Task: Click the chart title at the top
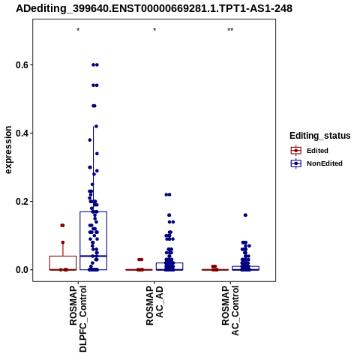pos(154,9)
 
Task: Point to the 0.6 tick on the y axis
pos(21,65)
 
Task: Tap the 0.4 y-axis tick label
pos(21,133)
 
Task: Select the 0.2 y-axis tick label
pos(21,202)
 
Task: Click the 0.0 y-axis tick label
pos(21,270)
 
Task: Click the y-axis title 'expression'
pos(8,150)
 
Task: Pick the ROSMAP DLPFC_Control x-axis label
pos(78,319)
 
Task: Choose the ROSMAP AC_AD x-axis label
pos(154,305)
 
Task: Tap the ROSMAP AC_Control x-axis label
pos(230,310)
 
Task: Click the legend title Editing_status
pos(320,136)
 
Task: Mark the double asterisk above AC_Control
pos(230,30)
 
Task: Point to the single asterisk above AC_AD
pos(154,30)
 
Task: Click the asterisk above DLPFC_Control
pos(78,30)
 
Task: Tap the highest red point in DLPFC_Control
pos(62,225)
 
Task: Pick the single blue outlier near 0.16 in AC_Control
pos(245,215)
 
